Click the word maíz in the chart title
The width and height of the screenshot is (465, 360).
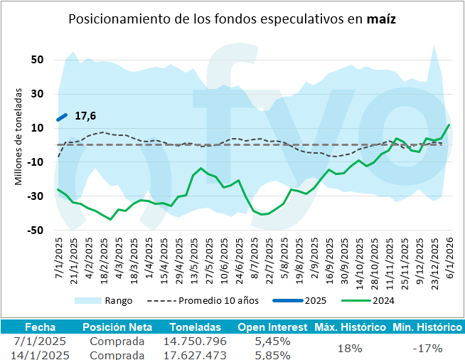382,19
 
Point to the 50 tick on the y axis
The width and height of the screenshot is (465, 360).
38,60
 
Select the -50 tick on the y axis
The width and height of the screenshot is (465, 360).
36,231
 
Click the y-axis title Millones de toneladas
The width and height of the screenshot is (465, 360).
19,137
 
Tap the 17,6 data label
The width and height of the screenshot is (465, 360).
85,115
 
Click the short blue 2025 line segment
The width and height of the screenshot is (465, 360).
62,117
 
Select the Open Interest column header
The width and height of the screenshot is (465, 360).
272,327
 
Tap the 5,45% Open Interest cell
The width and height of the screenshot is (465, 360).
272,341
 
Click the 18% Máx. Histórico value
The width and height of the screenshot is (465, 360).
350,348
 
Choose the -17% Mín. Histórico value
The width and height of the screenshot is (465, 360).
427,348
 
